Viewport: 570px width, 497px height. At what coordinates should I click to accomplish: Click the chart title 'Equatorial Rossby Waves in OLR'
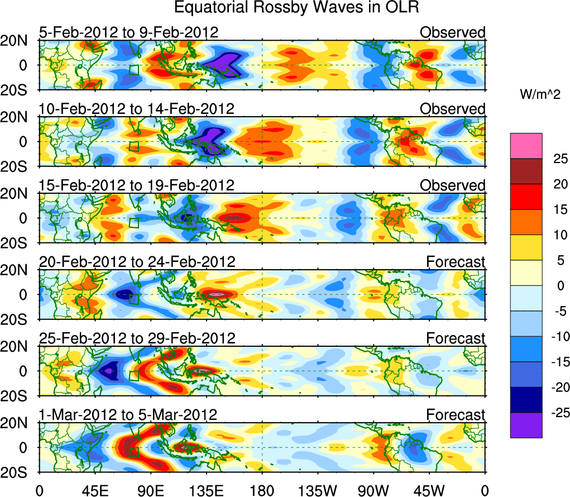pos(296,8)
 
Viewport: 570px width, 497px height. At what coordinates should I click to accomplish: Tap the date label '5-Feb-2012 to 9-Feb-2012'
pos(128,32)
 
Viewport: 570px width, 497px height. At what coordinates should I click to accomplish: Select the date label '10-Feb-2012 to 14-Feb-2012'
pos(137,108)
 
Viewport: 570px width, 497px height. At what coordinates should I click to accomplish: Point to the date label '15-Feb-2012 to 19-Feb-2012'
pos(137,185)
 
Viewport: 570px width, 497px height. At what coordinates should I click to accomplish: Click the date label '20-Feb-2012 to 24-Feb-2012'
pos(137,261)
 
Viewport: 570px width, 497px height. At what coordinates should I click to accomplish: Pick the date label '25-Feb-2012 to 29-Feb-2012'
pos(137,338)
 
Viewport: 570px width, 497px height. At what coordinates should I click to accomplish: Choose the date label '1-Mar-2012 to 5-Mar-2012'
pos(128,414)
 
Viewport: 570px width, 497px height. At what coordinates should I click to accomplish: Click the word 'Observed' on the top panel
pos(452,32)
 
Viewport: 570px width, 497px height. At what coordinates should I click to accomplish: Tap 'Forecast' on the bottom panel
pos(456,414)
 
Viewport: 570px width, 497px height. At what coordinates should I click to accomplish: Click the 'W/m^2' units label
pos(540,95)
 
